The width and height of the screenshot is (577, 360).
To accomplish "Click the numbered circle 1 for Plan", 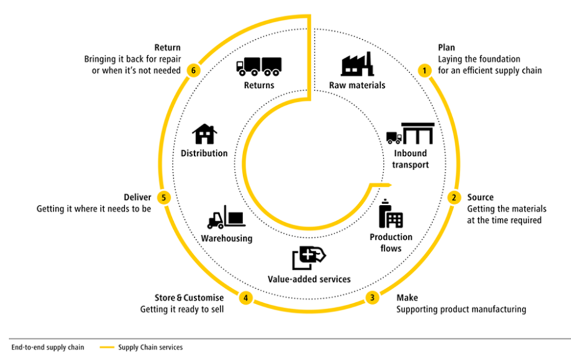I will pos(424,71).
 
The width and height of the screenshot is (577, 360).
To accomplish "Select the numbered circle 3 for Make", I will pos(372,297).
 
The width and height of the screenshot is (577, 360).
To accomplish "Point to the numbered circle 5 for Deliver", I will pos(164,197).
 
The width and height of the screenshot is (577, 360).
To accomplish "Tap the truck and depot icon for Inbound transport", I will pos(410,133).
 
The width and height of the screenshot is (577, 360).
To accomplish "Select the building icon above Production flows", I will pos(390,214).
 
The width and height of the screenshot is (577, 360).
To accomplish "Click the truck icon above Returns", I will pos(259,65).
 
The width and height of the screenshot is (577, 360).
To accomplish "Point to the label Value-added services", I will pos(308,279).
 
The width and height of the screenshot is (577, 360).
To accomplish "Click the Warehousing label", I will pos(226,238).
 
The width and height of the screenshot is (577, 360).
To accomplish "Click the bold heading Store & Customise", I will pos(189,298).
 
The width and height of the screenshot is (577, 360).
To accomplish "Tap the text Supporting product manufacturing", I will pos(461,309).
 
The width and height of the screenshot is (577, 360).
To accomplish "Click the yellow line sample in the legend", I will pos(107,348).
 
